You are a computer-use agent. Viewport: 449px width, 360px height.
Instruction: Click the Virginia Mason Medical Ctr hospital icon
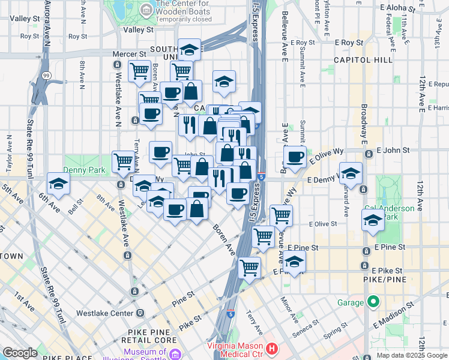272,348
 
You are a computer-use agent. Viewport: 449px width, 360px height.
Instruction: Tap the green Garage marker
373,301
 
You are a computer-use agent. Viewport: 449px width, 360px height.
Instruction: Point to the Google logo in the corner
20,353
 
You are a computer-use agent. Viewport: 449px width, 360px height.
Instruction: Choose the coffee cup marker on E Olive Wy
295,157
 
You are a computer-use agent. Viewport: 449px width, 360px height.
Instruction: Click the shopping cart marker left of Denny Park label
123,160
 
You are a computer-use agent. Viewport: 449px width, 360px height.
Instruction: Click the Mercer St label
126,54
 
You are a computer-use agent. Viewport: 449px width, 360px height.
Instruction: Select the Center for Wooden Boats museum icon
146,9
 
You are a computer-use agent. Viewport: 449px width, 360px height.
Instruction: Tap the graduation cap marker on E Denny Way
351,173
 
